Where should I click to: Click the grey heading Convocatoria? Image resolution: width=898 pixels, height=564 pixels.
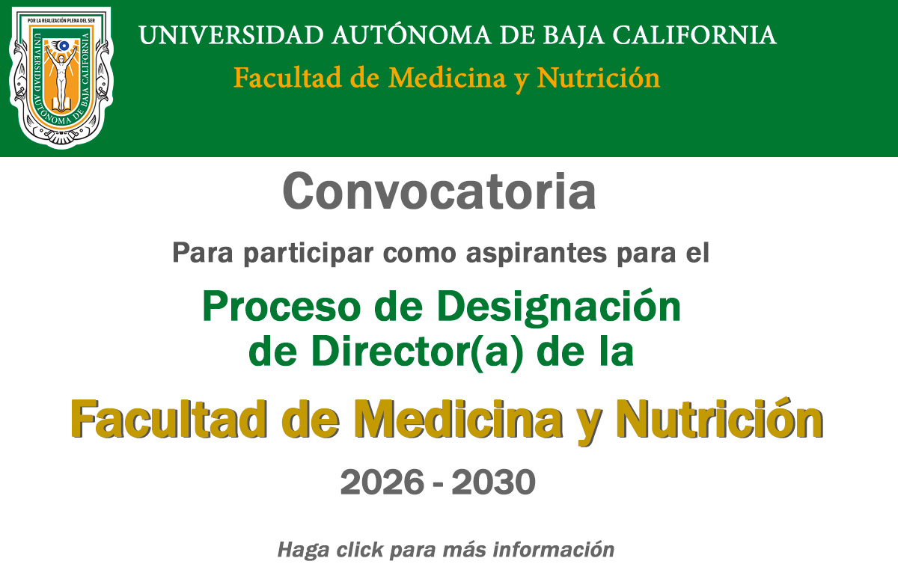[439, 192]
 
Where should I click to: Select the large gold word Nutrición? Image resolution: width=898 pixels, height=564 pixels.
[718, 420]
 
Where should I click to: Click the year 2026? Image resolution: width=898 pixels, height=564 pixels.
[382, 482]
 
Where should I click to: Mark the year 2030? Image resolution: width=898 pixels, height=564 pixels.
[493, 482]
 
